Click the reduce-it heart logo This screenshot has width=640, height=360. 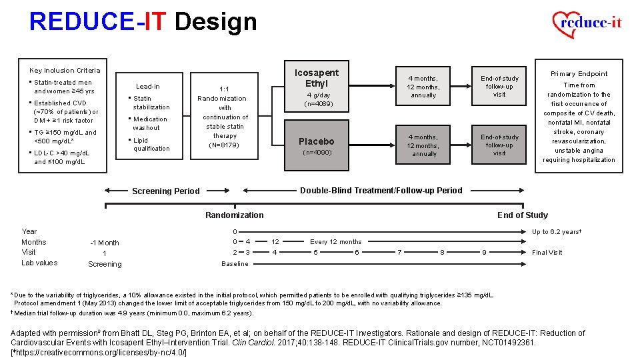click(587, 25)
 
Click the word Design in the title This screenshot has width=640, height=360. click(215, 22)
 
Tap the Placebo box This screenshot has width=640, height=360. click(317, 141)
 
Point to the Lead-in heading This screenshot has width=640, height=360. click(147, 86)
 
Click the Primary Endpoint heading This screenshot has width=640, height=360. click(579, 74)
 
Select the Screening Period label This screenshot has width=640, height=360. click(166, 191)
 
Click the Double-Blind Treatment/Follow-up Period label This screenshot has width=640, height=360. click(381, 190)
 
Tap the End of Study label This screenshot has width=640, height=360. click(523, 215)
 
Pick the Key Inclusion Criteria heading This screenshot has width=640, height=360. click(65, 70)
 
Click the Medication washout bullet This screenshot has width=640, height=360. click(150, 123)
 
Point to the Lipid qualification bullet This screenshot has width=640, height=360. click(151, 145)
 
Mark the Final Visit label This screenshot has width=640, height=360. click(547, 253)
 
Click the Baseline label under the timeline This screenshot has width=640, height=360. click(235, 263)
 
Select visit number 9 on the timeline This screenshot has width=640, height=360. click(484, 253)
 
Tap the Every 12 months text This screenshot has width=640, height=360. click(336, 242)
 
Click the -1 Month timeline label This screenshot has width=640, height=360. click(104, 243)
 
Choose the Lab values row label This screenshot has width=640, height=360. click(39, 263)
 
